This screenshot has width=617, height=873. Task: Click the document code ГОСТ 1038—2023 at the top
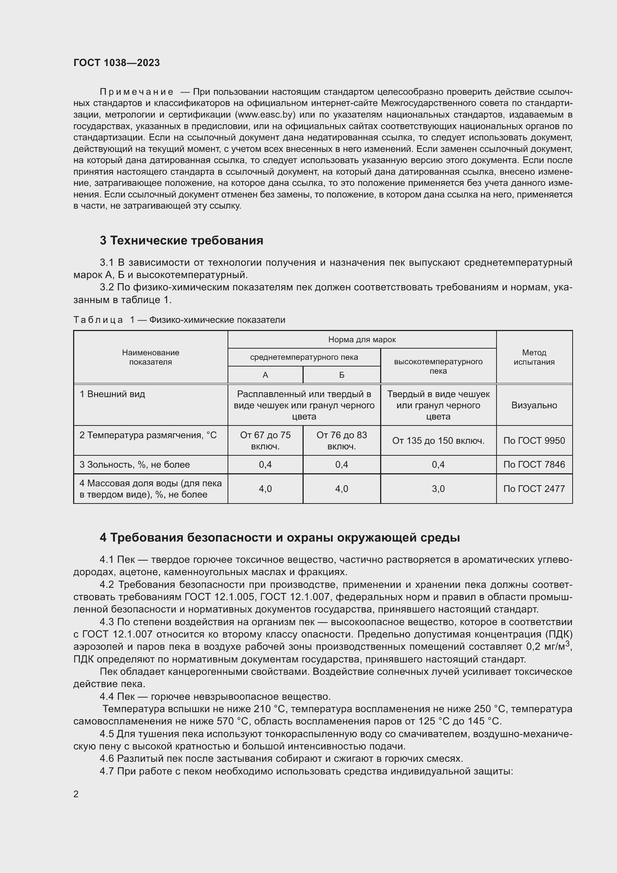[117, 63]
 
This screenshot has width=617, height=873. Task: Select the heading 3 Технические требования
[181, 241]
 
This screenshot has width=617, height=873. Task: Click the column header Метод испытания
[534, 357]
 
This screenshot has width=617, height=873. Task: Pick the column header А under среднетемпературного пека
[265, 375]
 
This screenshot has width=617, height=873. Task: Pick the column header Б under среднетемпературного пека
[342, 375]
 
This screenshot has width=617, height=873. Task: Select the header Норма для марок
[362, 340]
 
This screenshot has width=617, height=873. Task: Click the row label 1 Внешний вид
[112, 394]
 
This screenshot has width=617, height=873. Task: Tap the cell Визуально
[534, 405]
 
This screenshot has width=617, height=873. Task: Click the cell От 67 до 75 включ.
[265, 440]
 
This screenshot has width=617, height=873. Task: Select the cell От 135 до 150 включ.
[438, 441]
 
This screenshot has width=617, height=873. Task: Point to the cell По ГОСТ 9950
[534, 441]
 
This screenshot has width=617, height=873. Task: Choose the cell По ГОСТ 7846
[534, 464]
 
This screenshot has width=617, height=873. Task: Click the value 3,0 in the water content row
[438, 489]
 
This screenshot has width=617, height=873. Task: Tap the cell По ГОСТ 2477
[534, 489]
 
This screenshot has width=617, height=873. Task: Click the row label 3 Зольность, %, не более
[135, 464]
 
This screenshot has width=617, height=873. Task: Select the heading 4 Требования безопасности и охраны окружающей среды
[280, 537]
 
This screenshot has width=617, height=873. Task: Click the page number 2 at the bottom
[76, 794]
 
